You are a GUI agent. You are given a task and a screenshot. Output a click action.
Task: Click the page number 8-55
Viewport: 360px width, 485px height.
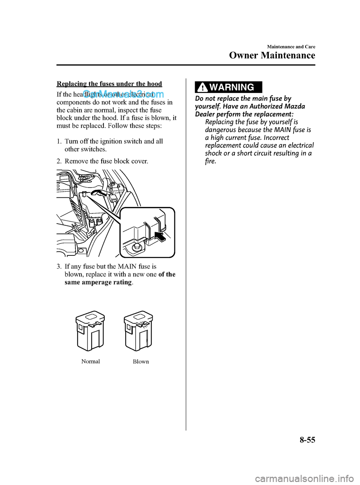[307, 440]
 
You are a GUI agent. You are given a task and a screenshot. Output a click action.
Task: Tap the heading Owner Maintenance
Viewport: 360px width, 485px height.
[272, 56]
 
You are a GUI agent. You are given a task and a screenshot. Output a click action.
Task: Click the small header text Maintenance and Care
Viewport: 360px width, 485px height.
[291, 47]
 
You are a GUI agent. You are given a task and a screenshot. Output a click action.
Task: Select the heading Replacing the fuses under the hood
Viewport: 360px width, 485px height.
[109, 84]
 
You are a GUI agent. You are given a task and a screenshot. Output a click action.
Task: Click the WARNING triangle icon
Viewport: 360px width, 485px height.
[202, 87]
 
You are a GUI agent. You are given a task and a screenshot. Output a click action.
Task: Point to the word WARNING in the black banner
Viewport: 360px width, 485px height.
[232, 87]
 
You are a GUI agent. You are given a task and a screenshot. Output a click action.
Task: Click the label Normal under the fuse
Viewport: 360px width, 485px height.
[91, 362]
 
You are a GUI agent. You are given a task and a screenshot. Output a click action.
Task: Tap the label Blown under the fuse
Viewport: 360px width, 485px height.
[141, 362]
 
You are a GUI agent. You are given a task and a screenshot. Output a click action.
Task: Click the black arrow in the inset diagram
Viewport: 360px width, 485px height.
[160, 237]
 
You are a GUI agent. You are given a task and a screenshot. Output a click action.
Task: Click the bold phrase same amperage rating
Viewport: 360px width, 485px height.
[98, 282]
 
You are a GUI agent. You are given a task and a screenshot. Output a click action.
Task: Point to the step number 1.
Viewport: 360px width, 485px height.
[59, 141]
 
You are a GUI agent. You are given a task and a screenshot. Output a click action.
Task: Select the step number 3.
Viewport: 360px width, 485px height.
[59, 267]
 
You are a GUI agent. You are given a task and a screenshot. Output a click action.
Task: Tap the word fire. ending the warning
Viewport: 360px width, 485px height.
[210, 161]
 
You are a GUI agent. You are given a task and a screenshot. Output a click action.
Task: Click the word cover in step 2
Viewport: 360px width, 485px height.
[139, 161]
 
